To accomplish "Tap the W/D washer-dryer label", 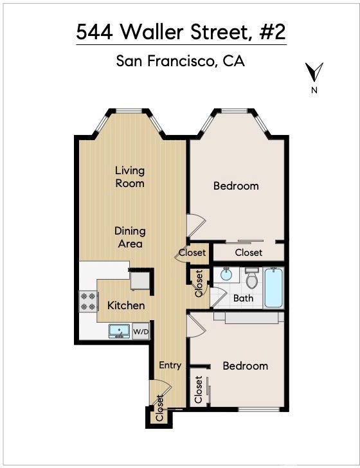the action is click(141, 332).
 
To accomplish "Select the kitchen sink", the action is click(120, 331).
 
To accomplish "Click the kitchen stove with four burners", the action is click(88, 301).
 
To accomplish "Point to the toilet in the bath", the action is click(252, 278).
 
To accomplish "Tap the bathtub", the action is click(273, 288).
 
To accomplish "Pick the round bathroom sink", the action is click(226, 274).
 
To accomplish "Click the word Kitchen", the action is click(126, 305).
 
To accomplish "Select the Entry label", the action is click(170, 365).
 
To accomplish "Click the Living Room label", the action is click(130, 177).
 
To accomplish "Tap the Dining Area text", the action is click(130, 237).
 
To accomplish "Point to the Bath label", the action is click(243, 298).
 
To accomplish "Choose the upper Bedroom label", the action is click(236, 186).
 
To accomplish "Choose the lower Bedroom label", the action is click(245, 366).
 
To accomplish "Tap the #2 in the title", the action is click(273, 32).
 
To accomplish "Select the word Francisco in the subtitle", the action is click(181, 61).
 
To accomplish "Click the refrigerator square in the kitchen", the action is click(140, 280).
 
